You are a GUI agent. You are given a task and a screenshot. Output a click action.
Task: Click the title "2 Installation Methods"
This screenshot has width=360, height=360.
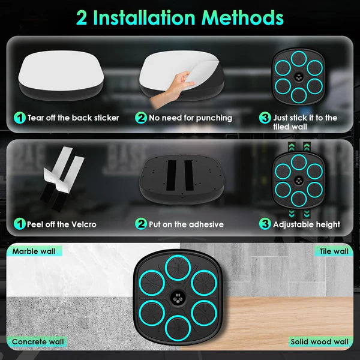coord(180,17)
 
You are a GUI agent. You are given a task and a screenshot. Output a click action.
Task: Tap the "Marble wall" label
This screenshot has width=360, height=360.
coord(34,251)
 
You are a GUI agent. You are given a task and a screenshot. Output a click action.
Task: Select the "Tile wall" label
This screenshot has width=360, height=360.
coord(334,251)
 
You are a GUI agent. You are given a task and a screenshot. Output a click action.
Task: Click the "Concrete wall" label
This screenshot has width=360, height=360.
coord(38,341)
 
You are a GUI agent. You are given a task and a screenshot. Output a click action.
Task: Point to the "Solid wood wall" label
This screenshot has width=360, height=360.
coord(320,341)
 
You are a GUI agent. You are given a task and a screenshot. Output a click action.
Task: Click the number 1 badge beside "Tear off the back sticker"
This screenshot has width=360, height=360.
coord(20,118)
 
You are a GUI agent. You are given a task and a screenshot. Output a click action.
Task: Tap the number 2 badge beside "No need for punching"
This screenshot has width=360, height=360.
coord(141,118)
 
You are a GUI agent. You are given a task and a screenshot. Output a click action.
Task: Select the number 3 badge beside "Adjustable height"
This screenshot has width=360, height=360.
coord(265,224)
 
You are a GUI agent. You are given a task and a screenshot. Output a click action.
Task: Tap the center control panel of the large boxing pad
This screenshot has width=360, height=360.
coord(178,298)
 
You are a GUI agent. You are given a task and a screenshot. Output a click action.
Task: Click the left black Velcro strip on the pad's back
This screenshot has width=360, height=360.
coord(171,175)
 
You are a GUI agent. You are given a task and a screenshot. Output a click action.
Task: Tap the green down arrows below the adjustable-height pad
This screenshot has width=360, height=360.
coord(299,213)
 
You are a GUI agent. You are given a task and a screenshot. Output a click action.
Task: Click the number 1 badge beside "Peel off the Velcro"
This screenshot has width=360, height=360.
coord(20,224)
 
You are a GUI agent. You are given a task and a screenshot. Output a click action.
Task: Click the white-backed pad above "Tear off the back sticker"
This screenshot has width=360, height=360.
coord(61,75)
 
